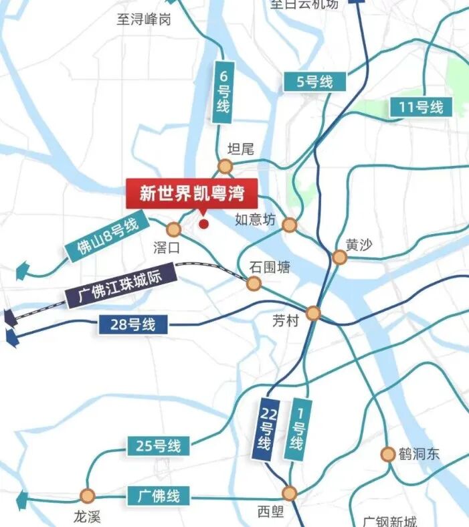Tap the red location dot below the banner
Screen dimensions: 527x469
(204, 224)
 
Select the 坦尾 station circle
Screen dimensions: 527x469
(224, 167)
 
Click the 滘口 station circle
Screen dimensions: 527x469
(174, 230)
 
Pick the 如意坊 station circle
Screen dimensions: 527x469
(289, 225)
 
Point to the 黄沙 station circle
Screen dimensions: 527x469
(340, 257)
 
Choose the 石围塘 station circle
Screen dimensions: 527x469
(253, 284)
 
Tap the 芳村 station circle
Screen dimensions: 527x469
(313, 313)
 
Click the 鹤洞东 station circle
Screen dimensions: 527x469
(387, 454)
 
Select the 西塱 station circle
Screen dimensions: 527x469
(289, 494)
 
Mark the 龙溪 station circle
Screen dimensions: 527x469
(87, 496)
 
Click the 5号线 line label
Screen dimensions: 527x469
(315, 82)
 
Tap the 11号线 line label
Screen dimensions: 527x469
(421, 106)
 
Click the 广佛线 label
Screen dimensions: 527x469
(159, 496)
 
